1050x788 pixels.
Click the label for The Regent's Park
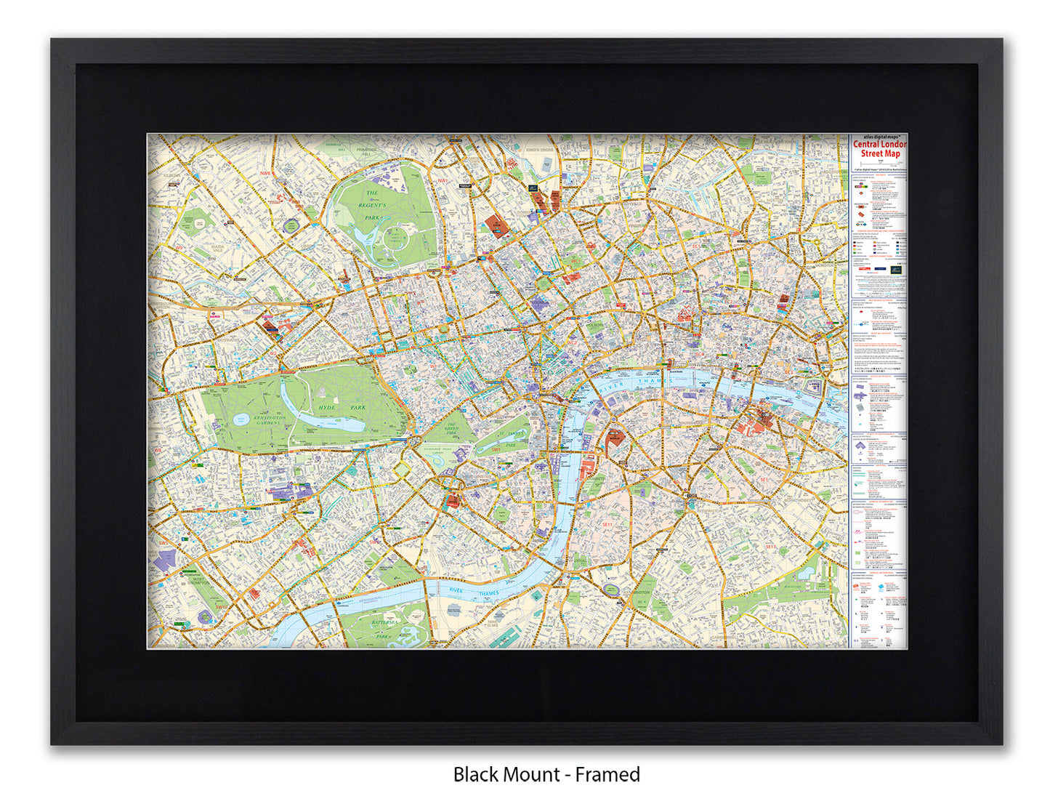[371, 205]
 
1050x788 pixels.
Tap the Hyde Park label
[342, 408]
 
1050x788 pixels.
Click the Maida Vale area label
[217, 251]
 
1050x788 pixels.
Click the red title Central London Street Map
[879, 149]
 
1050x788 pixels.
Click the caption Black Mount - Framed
[546, 774]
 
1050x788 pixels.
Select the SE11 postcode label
[607, 523]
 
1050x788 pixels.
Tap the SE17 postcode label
[770, 546]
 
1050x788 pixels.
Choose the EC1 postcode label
[695, 246]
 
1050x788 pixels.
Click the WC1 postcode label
[576, 260]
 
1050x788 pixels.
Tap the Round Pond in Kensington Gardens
[241, 419]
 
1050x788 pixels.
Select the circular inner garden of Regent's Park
[396, 236]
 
